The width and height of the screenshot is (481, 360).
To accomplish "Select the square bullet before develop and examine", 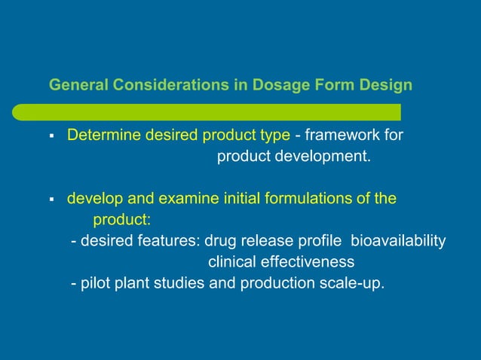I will [x=51, y=200].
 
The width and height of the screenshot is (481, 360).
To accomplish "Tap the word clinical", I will [x=231, y=263].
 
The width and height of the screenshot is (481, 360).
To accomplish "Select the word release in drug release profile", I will [x=283, y=241].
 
